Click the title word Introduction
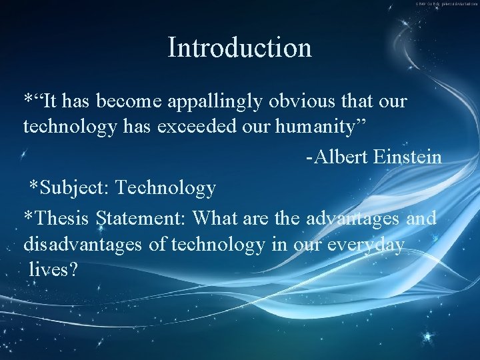240,48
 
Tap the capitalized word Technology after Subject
165,189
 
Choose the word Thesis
62,219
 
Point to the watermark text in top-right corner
446,4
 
